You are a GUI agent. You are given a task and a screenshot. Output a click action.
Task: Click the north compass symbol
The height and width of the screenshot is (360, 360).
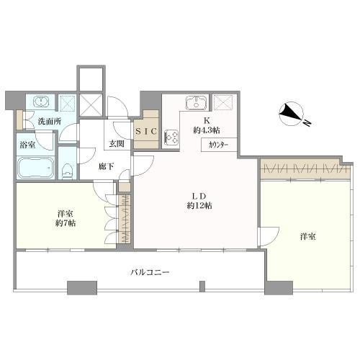point(291,114)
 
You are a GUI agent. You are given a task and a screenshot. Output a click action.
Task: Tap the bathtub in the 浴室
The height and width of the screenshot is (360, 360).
point(36,167)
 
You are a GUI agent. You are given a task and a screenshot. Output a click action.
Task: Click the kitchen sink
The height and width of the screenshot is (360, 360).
point(197,102)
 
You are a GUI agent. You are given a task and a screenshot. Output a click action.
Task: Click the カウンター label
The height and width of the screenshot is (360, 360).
point(218,145)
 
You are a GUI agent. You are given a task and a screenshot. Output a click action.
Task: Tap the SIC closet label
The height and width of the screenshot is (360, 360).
point(146,131)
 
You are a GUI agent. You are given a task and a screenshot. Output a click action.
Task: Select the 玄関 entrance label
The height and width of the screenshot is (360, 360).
point(117,143)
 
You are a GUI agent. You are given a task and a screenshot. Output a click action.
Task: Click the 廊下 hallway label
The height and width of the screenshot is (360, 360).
point(107,166)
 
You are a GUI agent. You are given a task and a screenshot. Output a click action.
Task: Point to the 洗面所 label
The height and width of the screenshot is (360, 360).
point(50,122)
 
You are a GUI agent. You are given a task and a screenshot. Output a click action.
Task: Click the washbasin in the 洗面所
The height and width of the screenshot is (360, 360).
point(42,102)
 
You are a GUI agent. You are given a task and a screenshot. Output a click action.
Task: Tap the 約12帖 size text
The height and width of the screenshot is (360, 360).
point(199,206)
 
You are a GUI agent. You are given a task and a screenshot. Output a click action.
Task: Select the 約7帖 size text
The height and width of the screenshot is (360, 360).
point(66,223)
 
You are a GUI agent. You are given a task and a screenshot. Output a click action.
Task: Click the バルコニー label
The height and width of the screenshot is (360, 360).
point(150,272)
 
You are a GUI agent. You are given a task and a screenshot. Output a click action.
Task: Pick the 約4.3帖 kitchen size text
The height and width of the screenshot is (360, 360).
point(207,130)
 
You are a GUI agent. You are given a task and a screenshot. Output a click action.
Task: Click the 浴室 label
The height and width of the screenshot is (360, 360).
point(27,145)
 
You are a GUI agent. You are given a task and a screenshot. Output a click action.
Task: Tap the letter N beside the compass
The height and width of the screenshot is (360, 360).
point(307,123)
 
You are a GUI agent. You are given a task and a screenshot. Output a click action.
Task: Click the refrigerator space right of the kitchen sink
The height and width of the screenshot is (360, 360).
point(223,102)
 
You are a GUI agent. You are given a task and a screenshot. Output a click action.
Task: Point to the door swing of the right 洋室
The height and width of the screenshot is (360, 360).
point(269,236)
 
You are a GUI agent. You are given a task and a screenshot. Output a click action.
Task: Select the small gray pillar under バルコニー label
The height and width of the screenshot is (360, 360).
point(202,287)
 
